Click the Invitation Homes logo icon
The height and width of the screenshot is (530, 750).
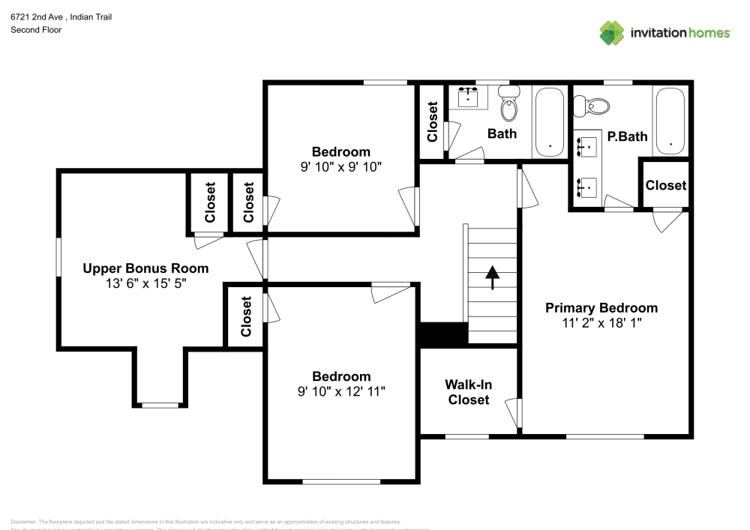click(x=611, y=32)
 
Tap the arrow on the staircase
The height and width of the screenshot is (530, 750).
click(x=492, y=277)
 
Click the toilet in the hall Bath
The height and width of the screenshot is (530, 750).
click(x=509, y=106)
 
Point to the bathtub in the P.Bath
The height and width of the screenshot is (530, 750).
click(x=670, y=121)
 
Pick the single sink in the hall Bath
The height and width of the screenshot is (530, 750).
click(x=470, y=97)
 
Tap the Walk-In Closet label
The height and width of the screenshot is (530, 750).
click(x=469, y=392)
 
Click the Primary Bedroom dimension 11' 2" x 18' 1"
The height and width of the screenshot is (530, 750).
click(x=601, y=322)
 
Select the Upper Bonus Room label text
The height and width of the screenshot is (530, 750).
click(x=145, y=268)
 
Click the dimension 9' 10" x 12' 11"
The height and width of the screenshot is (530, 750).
click(x=341, y=391)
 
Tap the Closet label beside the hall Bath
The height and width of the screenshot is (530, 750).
click(x=432, y=121)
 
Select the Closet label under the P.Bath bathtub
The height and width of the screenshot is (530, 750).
click(x=665, y=185)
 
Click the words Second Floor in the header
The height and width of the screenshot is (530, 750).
click(x=36, y=30)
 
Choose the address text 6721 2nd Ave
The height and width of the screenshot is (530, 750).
click(x=42, y=16)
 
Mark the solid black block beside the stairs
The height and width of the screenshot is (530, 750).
click(x=442, y=334)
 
